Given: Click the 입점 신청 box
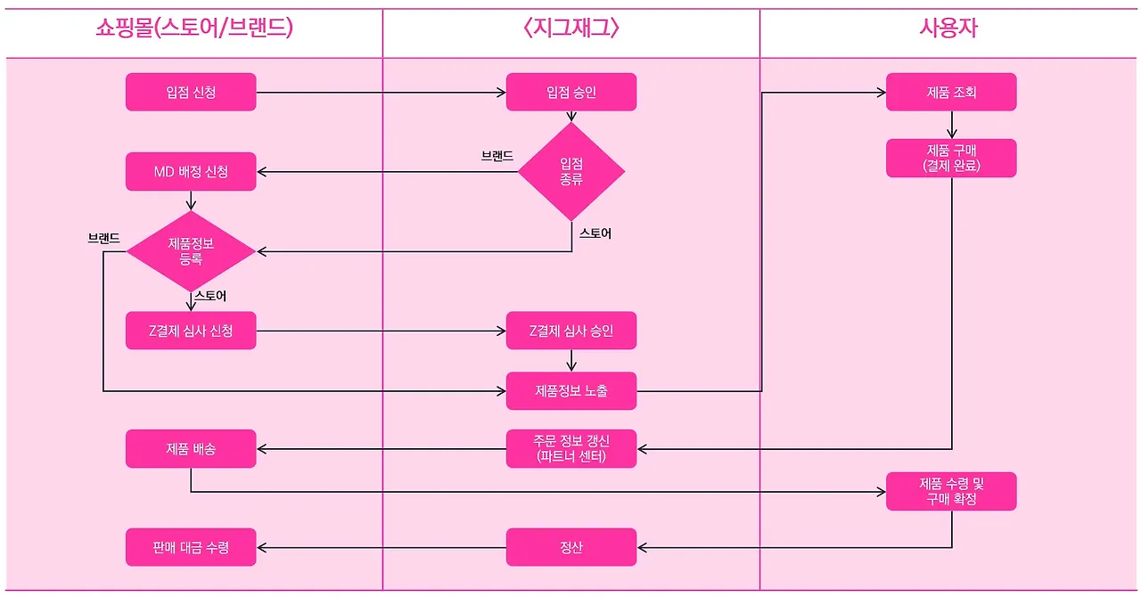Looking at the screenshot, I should point(191,92).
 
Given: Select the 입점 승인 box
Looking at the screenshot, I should point(571,92).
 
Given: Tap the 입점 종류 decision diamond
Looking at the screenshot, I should point(571,171).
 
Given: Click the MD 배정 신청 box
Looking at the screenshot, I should point(191,171).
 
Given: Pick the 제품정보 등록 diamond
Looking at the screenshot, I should point(191,251).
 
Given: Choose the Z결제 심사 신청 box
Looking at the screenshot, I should point(191,331).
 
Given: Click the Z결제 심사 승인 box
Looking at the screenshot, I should point(571,331).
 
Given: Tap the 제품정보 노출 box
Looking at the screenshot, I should point(571,390).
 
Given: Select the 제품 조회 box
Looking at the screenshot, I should point(951,92).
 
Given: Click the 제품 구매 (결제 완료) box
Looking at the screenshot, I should point(951,158).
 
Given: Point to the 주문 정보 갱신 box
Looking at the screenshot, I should point(571,448).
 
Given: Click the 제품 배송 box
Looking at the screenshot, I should point(191,448).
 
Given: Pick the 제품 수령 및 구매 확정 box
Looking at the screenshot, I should point(951,491).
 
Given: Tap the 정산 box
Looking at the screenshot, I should point(571,547).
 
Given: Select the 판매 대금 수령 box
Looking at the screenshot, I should point(191,547).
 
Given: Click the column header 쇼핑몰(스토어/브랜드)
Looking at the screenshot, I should point(194,29).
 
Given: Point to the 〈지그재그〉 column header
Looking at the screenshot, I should point(571,29).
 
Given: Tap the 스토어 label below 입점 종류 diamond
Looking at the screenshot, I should point(595,233).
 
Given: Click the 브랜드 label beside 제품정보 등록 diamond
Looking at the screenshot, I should point(103,239).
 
